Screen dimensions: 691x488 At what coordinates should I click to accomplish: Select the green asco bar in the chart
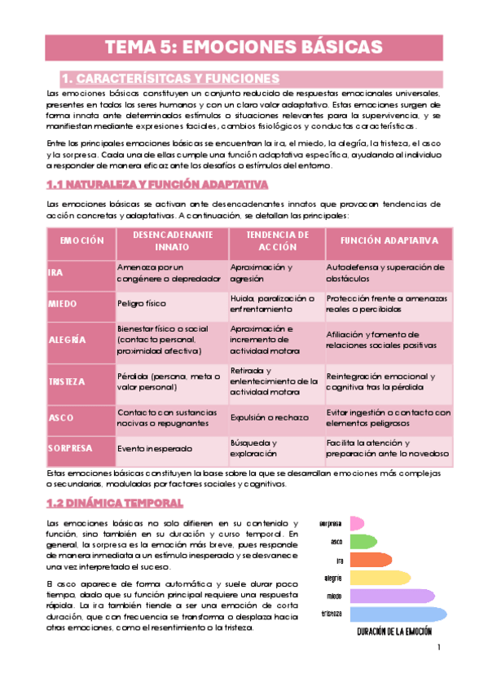pyautogui.click(x=364, y=541)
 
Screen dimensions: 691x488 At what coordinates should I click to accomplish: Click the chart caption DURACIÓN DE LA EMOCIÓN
pyautogui.click(x=393, y=632)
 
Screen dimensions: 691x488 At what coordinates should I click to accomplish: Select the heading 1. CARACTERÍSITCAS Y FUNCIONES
pyautogui.click(x=171, y=79)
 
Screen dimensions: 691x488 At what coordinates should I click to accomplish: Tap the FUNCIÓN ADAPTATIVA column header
pyautogui.click(x=389, y=241)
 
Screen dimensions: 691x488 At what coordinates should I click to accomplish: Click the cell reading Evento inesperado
pyautogui.click(x=155, y=448)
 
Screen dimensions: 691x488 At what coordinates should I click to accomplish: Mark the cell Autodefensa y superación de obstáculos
pyautogui.click(x=385, y=272)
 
